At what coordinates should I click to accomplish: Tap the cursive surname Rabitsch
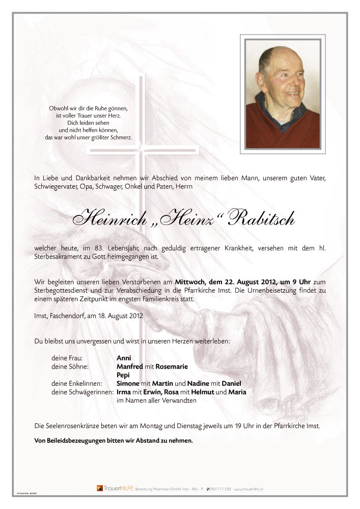pos(260,219)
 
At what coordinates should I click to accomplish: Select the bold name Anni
pos(124,358)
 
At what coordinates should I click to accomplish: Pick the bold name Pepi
pos(123,375)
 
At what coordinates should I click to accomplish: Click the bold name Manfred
pos(130,366)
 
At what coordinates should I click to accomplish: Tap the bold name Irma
pos(124,392)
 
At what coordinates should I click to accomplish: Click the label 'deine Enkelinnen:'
pos(77,383)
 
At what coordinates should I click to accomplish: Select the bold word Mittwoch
pos(191,281)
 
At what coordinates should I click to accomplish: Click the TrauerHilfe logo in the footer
pos(114,489)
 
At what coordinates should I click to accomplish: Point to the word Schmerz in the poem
pos(120,137)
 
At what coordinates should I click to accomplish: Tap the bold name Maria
pos(237,392)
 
